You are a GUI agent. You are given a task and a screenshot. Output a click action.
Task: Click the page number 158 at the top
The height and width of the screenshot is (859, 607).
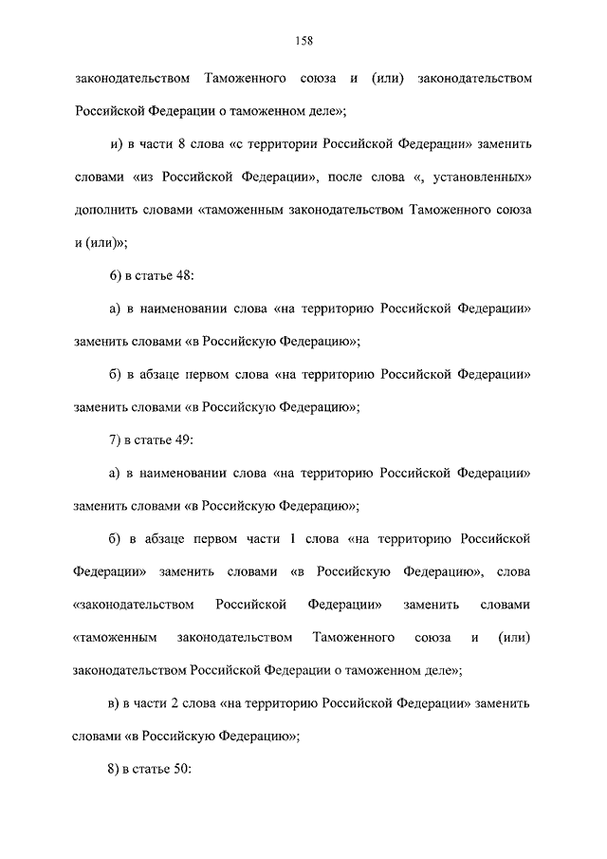click(x=303, y=40)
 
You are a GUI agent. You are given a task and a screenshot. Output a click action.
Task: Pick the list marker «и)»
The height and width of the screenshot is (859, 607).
click(x=117, y=143)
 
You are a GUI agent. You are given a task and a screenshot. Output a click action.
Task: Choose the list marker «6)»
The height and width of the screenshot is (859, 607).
click(x=116, y=275)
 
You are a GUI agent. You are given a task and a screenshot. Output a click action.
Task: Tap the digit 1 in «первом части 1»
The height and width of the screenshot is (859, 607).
click(x=294, y=539)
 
